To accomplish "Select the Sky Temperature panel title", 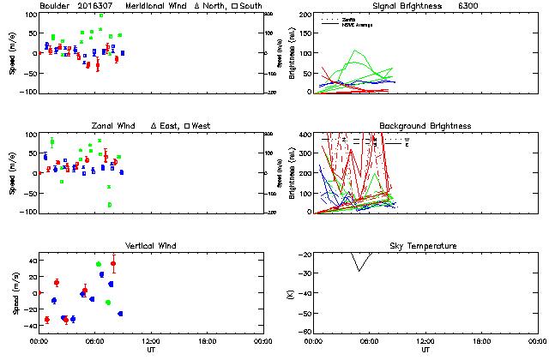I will [426, 246].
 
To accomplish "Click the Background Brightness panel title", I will [426, 126].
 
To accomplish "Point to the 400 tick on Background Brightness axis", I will [305, 135].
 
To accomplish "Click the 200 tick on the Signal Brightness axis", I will [305, 15].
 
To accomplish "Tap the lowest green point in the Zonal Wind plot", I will [110, 205].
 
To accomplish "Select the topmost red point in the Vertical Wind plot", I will [113, 264].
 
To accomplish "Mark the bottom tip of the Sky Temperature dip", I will [360, 271].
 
